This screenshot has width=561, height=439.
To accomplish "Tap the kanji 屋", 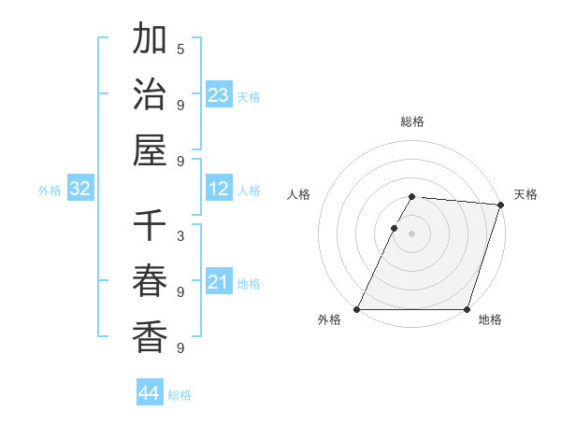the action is coord(150,149).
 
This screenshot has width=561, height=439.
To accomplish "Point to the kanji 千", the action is coord(150,227).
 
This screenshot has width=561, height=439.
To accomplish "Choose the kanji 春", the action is coord(150,281).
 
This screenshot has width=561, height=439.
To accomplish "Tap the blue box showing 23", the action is coord(219,94).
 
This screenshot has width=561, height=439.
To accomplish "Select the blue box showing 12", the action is coord(219,190).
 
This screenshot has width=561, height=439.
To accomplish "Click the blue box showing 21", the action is coord(219,282).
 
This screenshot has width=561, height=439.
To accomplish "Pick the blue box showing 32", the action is coord(80,190).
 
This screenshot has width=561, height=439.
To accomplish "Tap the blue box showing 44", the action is coord(150,393).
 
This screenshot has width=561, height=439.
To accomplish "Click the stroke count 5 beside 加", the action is coord(180,49).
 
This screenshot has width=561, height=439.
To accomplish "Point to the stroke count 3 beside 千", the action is coord(180,236).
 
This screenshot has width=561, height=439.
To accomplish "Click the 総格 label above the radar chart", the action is coord(412,121).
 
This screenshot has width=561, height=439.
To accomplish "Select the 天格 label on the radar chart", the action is coord(525,194).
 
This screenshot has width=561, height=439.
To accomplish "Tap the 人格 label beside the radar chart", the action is coord(299,194).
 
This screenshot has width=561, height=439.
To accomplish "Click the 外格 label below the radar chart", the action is coord(329,320).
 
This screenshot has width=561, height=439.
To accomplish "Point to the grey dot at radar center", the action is coord(412,234).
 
